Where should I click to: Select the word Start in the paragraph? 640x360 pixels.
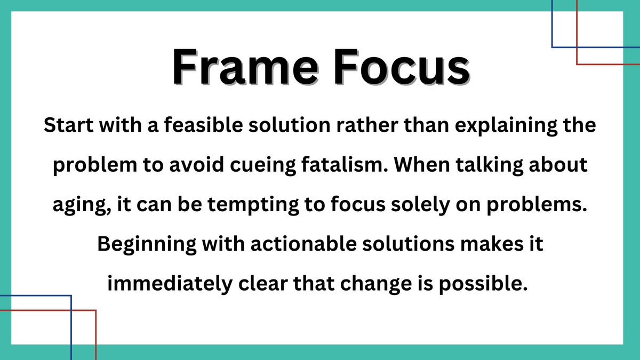tap(66, 128)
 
